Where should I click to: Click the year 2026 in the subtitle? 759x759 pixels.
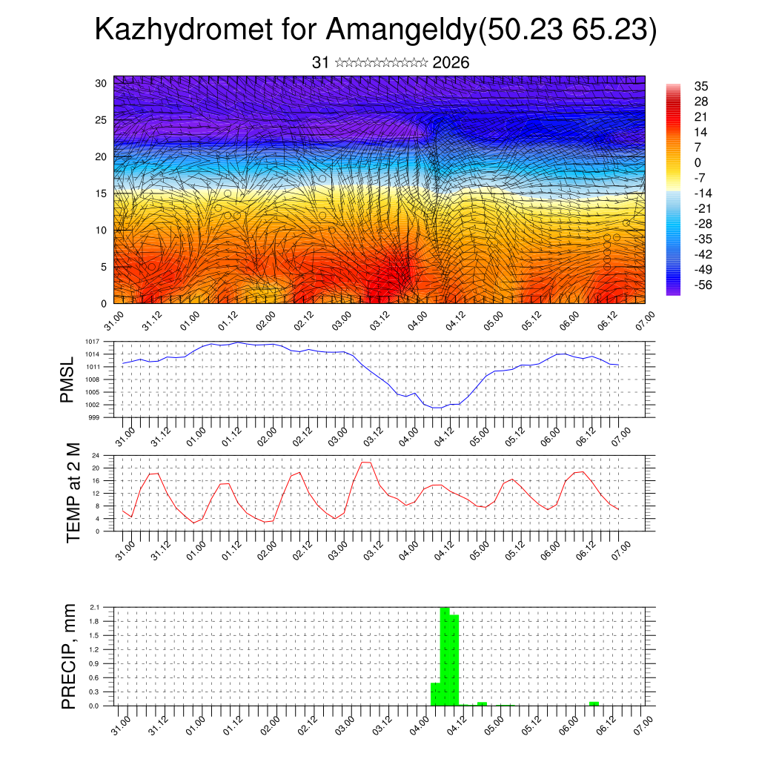451,63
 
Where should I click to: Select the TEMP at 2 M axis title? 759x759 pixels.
73,493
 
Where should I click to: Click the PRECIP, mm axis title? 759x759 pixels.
69,656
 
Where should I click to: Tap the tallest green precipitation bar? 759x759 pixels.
445,656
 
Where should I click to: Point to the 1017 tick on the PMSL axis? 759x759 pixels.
92,342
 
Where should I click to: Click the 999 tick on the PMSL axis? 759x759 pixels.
94,417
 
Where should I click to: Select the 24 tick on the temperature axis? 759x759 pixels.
96,455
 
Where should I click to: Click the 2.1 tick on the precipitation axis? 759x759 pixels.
94,608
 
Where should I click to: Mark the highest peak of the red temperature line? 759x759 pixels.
365,463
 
